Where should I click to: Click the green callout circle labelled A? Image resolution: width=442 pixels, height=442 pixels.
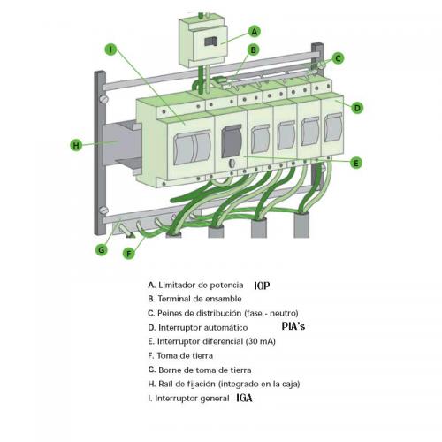[255, 32]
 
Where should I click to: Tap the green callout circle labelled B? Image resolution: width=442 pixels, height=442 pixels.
[254, 50]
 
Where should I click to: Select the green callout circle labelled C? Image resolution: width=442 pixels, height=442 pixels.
[338, 58]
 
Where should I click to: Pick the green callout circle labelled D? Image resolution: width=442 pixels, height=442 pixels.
[357, 108]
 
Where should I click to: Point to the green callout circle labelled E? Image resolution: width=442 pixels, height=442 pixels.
[356, 163]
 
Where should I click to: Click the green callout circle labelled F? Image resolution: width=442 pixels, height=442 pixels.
[129, 253]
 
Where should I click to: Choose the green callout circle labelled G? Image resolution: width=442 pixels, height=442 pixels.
[102, 250]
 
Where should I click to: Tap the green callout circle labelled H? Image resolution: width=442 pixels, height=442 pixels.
[76, 145]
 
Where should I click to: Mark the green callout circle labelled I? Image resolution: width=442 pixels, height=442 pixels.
[110, 50]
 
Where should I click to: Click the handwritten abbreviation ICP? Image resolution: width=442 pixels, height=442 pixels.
[262, 286]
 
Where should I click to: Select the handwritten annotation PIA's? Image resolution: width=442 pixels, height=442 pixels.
[293, 326]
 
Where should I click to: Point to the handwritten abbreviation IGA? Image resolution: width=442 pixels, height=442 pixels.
[244, 399]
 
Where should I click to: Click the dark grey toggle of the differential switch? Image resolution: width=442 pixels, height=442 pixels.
[232, 141]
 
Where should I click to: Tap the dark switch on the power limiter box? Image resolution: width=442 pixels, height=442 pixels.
[211, 42]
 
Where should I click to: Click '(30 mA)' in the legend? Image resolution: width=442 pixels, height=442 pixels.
[261, 341]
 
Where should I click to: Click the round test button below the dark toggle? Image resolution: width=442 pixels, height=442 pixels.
[232, 163]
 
